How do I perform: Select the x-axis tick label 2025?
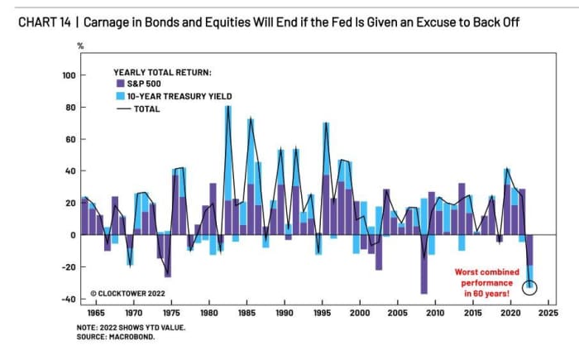tap(547, 314)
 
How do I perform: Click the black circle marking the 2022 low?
tap(530, 288)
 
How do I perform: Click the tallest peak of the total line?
tap(227, 107)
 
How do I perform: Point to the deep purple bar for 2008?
tap(423, 264)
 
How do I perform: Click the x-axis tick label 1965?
tap(98, 314)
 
